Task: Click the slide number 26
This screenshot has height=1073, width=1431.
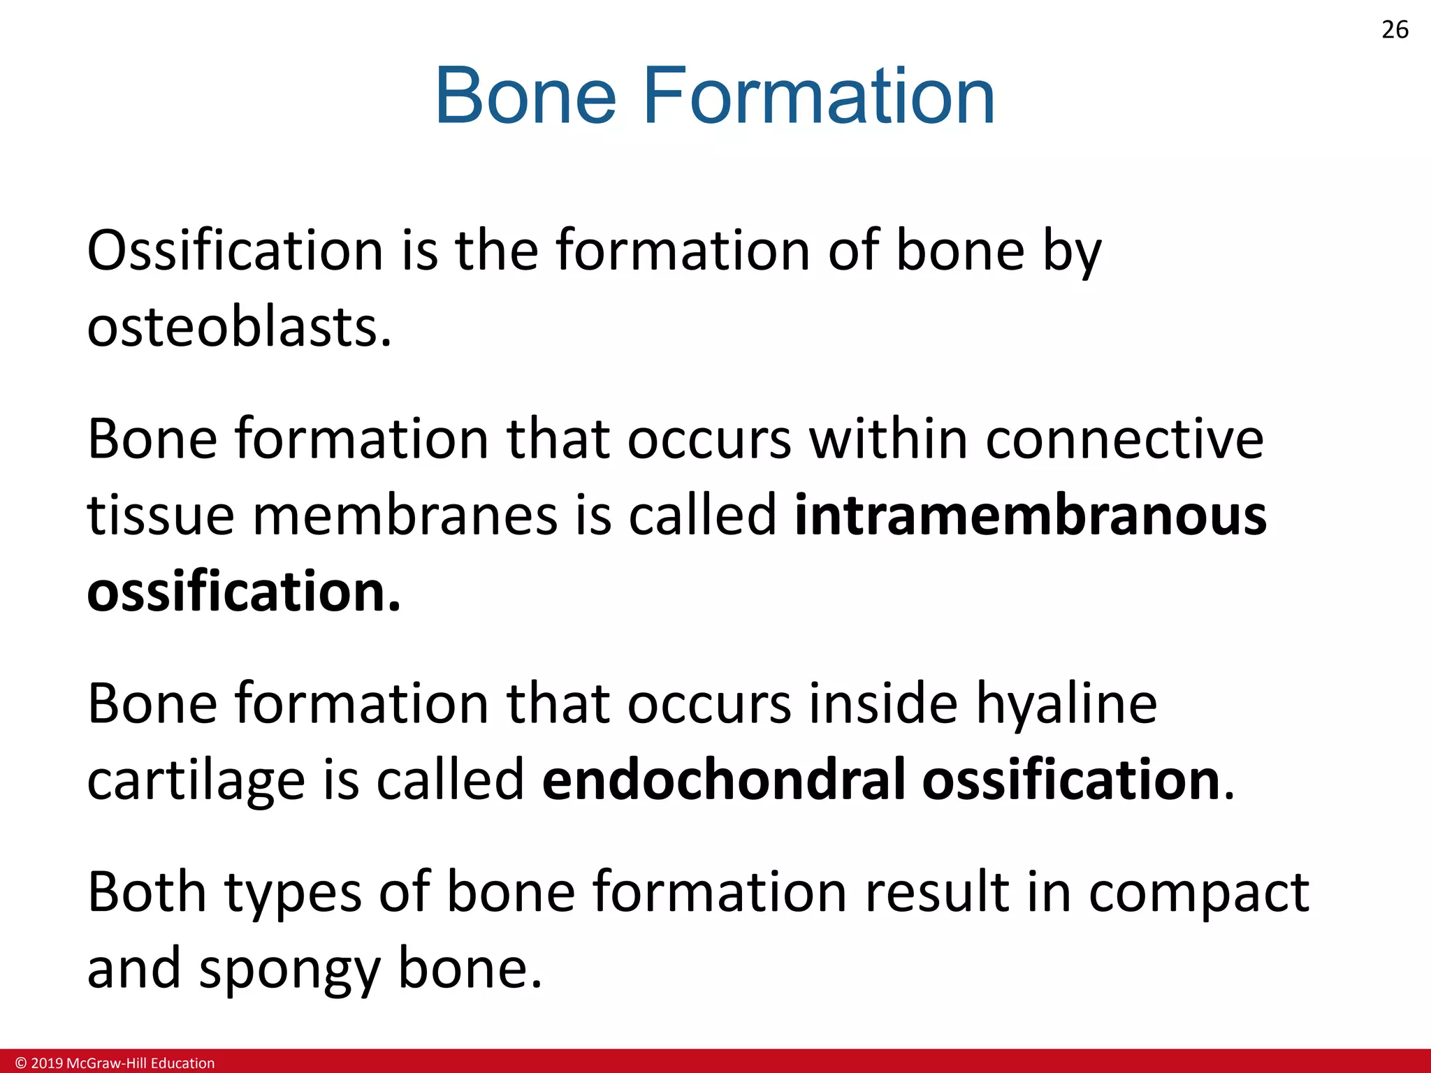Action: (1395, 30)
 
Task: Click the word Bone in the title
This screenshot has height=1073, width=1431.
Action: (525, 96)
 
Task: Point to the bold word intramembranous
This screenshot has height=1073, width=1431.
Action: (1031, 516)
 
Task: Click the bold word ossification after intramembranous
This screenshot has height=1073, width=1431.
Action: (244, 592)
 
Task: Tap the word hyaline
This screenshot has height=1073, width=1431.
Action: (1066, 704)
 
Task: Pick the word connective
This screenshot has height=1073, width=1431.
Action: (1124, 439)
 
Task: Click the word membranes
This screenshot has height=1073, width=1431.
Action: (405, 516)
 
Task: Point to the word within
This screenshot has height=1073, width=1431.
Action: (888, 439)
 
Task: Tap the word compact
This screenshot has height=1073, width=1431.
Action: (1198, 893)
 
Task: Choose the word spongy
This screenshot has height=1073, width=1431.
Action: (290, 970)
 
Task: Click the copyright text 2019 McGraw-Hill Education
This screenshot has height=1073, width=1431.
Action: (115, 1063)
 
